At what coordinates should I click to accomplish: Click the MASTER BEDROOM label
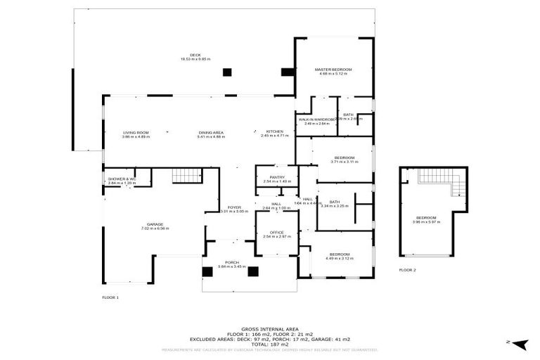coord(333,70)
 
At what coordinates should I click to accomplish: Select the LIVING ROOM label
coord(136,132)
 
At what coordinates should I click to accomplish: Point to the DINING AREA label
coord(211,132)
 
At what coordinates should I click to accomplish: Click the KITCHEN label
coord(274,132)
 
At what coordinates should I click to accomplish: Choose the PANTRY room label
coord(276,177)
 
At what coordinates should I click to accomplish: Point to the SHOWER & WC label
coord(122,179)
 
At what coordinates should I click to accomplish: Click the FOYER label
coord(234,207)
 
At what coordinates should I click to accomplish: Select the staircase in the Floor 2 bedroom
coord(443,184)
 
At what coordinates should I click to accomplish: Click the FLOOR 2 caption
coord(407,270)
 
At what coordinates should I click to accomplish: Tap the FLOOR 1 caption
coord(110,297)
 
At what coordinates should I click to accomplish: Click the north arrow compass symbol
coord(519,343)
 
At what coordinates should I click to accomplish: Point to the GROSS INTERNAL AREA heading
coord(270,328)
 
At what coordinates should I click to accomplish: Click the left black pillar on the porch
coord(207,272)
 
